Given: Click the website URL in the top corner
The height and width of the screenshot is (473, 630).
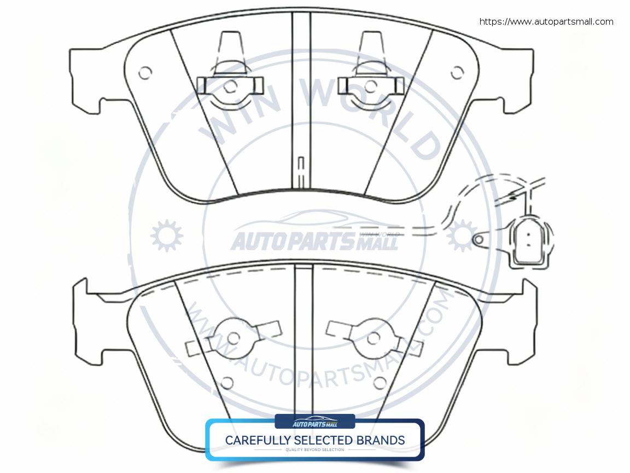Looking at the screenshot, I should [546, 22].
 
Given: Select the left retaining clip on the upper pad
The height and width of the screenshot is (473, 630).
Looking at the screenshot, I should [229, 85].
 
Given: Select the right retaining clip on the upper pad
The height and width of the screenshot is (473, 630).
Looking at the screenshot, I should [371, 85].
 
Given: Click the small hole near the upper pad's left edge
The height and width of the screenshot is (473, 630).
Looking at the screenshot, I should [145, 72].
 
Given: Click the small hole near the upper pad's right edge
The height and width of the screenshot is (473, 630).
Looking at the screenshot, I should [457, 72].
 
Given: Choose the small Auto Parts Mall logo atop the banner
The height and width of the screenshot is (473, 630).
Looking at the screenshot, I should [315, 422].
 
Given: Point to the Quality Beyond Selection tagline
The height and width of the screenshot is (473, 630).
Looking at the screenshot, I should [315, 450].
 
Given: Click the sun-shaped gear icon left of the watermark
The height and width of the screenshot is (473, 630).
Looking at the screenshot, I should [167, 236].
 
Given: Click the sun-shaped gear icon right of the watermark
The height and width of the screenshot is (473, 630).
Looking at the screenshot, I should [460, 235].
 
